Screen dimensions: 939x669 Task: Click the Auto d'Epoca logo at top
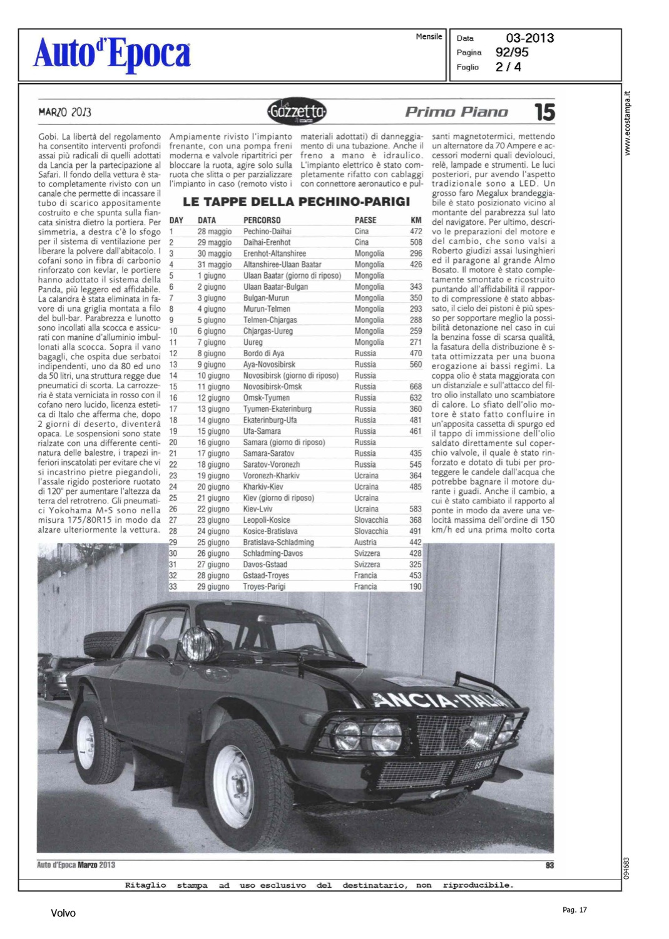pyautogui.click(x=112, y=54)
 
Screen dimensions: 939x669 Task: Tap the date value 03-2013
pyautogui.click(x=529, y=38)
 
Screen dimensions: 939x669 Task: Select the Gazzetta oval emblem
pyautogui.click(x=296, y=112)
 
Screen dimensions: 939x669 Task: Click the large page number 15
pyautogui.click(x=544, y=113)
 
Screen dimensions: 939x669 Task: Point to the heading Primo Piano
pyautogui.click(x=456, y=113)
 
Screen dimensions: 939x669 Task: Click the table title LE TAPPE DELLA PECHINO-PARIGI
pyautogui.click(x=296, y=202)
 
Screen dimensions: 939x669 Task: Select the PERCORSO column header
pyautogui.click(x=262, y=220)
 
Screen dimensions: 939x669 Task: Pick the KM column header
pyautogui.click(x=416, y=220)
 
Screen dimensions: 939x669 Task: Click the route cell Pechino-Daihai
pyautogui.click(x=267, y=232)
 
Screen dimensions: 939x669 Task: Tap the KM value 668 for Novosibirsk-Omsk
pyautogui.click(x=416, y=387)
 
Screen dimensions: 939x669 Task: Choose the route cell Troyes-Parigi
pyautogui.click(x=264, y=587)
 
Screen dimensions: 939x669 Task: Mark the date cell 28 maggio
pyautogui.click(x=215, y=232)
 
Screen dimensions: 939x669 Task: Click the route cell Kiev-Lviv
pyautogui.click(x=258, y=510)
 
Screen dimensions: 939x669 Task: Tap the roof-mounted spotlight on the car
pyautogui.click(x=194, y=644)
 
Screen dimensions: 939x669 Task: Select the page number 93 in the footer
pyautogui.click(x=549, y=865)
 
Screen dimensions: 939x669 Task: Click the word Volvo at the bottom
pyautogui.click(x=63, y=913)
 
